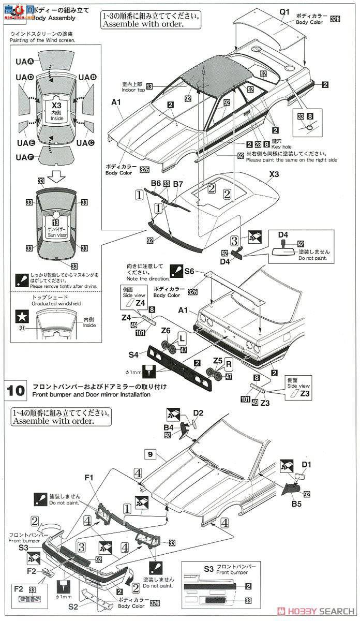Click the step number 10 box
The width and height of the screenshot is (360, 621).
click(15, 390)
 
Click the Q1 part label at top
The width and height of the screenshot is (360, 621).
click(286, 11)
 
